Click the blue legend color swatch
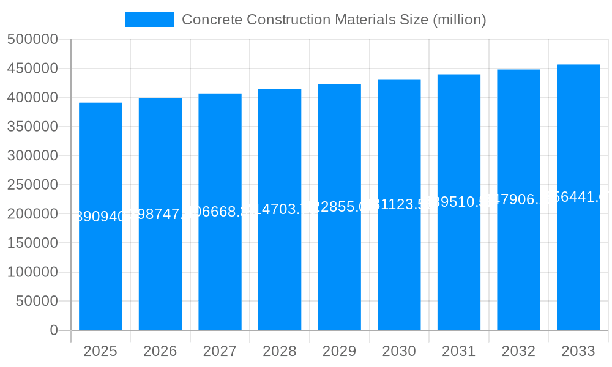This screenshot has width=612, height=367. pos(150,20)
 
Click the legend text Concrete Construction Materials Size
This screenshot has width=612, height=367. pos(334,20)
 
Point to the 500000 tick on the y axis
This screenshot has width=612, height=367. pos(32,40)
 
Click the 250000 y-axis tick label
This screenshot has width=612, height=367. pos(32,185)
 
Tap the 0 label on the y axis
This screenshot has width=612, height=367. pos(54,330)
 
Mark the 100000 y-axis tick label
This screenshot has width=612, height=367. pos(32,272)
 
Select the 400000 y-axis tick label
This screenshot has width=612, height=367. pos(32,98)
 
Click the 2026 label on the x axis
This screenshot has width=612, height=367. pos(160,351)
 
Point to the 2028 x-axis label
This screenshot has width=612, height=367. pos(280,351)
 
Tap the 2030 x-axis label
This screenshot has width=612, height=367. pos(399,351)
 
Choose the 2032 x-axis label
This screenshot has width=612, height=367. pos(518,351)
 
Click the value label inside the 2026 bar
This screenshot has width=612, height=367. pos(160,214)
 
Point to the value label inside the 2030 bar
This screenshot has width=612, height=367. pos(399,204)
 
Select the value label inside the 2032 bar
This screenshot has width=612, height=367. pos(518,199)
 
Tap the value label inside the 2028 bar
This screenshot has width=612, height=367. pos(280,209)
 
